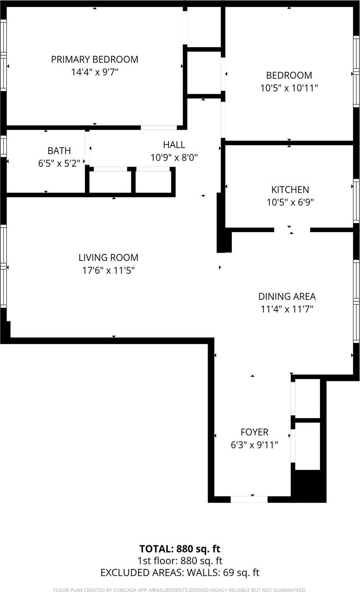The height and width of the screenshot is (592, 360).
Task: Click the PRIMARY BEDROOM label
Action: [95, 59]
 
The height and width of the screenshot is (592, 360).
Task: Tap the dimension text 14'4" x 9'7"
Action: [95, 72]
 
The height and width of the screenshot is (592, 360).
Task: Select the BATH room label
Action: [59, 151]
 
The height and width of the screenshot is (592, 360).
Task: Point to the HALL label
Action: [174, 145]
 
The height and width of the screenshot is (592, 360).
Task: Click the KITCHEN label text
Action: [290, 190]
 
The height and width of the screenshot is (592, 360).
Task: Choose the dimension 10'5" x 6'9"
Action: [290, 203]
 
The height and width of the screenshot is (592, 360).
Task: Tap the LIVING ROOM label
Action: [108, 258]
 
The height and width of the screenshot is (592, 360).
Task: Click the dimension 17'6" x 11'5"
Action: [108, 271]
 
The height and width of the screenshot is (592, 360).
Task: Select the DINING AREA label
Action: [287, 296]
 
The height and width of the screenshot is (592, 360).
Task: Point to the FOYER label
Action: [254, 432]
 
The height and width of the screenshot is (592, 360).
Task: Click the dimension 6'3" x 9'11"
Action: [254, 445]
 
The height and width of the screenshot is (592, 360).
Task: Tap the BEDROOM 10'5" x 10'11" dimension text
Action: [289, 88]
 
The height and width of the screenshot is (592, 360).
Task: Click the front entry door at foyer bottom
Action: [249, 499]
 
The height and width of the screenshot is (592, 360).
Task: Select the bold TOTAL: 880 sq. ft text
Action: [180, 549]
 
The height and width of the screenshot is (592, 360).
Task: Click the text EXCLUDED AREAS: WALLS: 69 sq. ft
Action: [180, 573]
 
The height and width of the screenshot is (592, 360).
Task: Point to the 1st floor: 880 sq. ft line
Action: [180, 561]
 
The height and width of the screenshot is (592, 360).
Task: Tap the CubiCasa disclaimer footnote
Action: [180, 590]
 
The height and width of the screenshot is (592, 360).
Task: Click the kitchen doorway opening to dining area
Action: [292, 230]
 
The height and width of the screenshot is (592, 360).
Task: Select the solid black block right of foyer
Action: [308, 486]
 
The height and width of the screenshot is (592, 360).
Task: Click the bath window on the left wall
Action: [3, 146]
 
